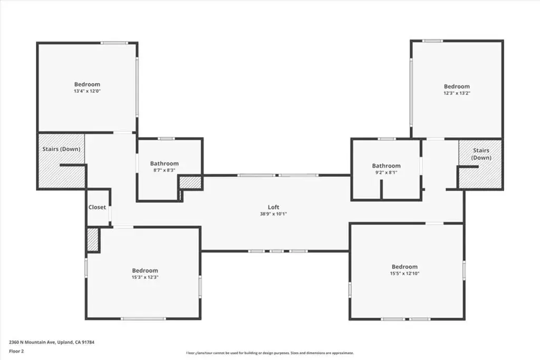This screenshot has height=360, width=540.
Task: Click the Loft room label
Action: click(274, 207)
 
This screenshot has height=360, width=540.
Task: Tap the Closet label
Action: click(97, 207)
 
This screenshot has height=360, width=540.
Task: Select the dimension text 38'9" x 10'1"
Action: click(274, 213)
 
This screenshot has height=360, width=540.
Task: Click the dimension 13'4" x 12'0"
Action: click(87, 91)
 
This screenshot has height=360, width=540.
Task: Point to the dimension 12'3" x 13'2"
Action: click(457, 93)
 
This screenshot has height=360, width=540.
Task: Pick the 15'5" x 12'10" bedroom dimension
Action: click(404, 274)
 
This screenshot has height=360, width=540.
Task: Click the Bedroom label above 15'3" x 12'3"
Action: click(145, 270)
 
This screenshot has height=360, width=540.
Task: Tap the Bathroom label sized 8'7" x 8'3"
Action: click(165, 163)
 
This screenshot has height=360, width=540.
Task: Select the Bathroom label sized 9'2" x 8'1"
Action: click(386, 166)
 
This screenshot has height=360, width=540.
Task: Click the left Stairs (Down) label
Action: click(61, 149)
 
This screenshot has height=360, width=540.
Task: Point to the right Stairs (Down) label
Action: click(481, 154)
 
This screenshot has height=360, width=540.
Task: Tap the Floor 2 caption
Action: click(16, 352)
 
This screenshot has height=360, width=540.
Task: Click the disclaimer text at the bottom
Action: click(270, 353)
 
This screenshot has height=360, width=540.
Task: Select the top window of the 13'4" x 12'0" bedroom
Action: click(114, 43)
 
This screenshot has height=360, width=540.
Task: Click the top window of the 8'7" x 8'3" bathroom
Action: click(166, 139)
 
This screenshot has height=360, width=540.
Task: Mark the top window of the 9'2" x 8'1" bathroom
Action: click(387, 139)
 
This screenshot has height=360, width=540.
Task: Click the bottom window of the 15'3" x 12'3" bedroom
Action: click(143, 319)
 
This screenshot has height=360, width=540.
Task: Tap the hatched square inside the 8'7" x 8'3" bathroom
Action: click(190, 182)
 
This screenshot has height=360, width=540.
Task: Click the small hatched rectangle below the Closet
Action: click(93, 239)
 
